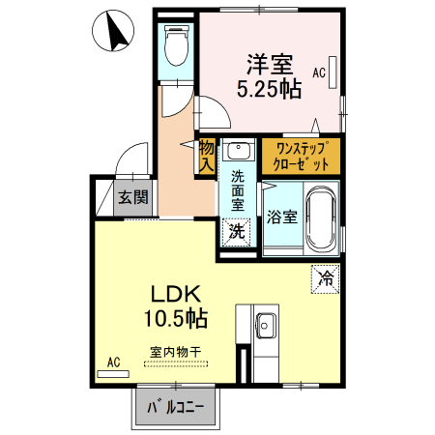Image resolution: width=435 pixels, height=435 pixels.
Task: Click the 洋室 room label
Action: coord(269,65)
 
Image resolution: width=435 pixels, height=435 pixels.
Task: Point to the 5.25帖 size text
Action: coord(269,89)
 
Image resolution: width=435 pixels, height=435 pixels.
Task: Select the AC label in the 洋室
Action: coord(318,72)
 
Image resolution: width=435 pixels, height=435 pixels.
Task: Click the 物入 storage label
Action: coord(206,156)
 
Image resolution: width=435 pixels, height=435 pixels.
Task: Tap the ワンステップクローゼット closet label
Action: coord(301,156)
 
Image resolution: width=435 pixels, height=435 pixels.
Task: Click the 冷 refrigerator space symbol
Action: coord(325,278)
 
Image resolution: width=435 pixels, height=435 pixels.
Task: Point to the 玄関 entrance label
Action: coord(132,198)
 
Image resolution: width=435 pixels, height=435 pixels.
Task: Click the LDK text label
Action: coord(174,292)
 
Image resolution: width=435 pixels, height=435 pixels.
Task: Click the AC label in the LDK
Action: coord(113,362)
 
